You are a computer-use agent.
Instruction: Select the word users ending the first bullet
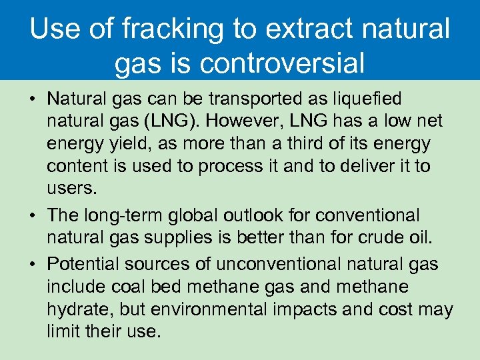pyautogui.click(x=71, y=188)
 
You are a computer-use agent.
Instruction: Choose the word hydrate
pyautogui.click(x=76, y=309)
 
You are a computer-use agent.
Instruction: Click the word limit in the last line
pyautogui.click(x=61, y=331)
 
